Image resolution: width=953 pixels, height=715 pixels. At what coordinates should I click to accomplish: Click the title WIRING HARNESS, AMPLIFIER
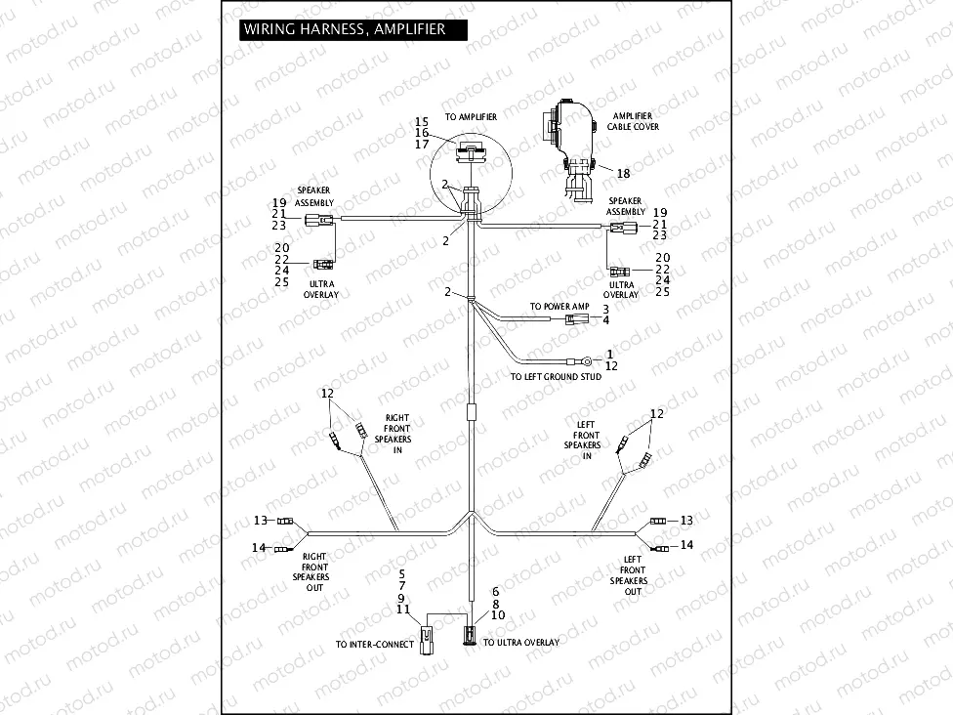345,29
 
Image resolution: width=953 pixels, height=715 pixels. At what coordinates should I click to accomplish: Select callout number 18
623,173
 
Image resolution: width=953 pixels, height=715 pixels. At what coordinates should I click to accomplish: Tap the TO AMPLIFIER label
471,117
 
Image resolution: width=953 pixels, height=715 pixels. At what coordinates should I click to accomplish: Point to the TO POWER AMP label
559,307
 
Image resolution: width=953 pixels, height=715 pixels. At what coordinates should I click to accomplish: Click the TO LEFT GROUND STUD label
556,376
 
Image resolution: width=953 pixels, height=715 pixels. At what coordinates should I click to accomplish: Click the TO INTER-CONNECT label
375,645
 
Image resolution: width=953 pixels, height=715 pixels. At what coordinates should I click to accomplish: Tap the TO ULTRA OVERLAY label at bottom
521,643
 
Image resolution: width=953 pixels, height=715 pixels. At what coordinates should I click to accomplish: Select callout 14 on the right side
686,545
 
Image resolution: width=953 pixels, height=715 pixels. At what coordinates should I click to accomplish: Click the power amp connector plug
579,319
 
